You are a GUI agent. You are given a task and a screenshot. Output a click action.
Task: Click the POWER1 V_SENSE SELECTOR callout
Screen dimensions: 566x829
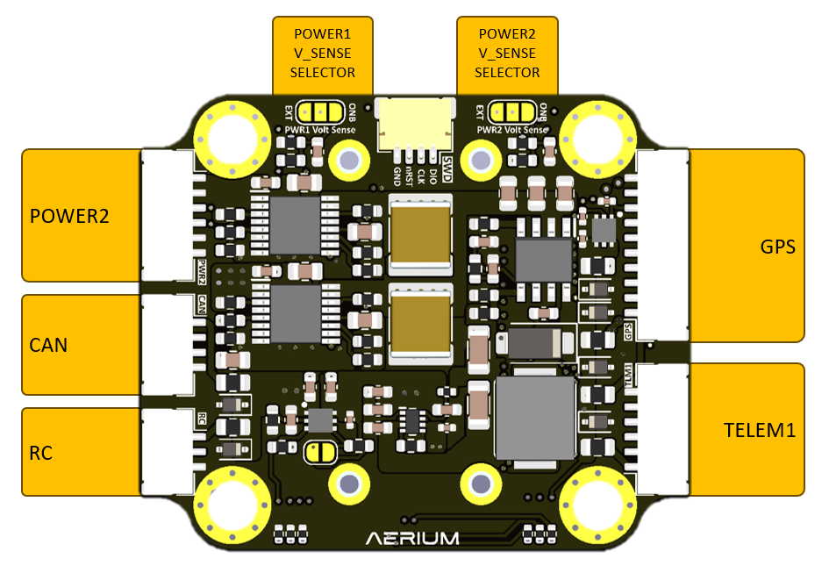point(322,54)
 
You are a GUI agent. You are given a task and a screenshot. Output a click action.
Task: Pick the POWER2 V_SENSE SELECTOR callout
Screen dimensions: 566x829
point(507,54)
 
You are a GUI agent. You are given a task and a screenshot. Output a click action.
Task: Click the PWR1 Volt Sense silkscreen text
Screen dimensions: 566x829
point(320,130)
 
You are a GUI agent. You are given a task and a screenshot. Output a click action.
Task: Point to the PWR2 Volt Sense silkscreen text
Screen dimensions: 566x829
point(512,130)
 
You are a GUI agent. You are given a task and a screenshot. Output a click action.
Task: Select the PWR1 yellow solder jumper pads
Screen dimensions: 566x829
point(319,111)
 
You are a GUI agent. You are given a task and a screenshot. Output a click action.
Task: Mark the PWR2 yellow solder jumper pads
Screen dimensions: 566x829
point(512,111)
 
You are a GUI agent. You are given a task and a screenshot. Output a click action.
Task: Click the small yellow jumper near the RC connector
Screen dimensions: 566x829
point(320,452)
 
